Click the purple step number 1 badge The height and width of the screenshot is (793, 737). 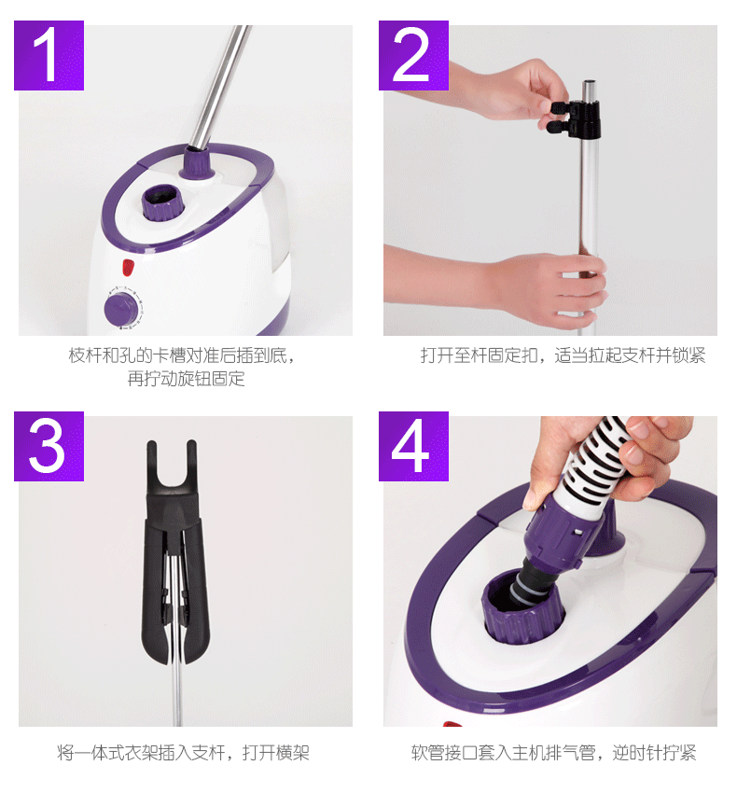click(49, 55)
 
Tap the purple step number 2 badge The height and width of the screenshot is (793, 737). click(413, 55)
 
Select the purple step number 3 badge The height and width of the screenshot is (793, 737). click(49, 446)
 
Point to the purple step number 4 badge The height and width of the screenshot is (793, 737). click(413, 446)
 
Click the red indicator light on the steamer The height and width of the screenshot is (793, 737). click(128, 267)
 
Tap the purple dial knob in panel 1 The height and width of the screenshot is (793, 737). click(121, 309)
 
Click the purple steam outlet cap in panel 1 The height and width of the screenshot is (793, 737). click(160, 202)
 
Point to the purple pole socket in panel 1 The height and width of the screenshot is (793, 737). click(197, 161)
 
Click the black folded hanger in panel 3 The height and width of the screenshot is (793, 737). click(175, 551)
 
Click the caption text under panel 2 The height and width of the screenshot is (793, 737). click(563, 355)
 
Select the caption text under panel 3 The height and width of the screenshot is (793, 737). click(183, 753)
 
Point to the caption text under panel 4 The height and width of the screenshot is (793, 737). click(553, 753)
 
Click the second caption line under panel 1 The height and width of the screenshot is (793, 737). click(187, 378)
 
